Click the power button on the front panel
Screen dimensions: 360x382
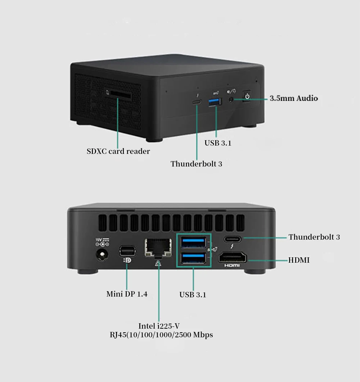click(247, 96)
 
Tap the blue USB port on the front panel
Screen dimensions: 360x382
click(215, 103)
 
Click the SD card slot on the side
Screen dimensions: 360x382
click(118, 94)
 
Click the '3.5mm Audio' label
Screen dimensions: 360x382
click(294, 98)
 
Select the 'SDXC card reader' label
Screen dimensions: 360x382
click(118, 151)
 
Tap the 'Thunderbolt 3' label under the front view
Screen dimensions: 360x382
click(196, 164)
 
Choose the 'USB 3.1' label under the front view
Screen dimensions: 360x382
click(218, 143)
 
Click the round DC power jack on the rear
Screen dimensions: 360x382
click(102, 255)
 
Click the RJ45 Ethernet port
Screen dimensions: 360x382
click(158, 248)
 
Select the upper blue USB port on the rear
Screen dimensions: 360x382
click(193, 242)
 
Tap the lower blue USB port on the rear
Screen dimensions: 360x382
click(193, 259)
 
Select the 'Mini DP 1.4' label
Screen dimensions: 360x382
click(127, 294)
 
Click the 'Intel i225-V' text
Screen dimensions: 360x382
click(159, 326)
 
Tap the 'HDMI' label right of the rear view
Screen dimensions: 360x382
click(299, 260)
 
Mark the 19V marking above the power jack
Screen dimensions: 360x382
click(98, 239)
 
